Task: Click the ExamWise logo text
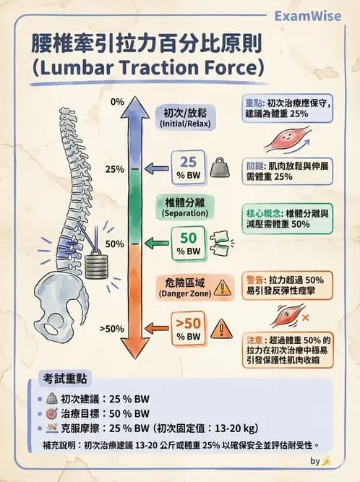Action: click(x=307, y=16)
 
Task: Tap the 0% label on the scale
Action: click(x=117, y=102)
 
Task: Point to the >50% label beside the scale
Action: click(x=111, y=329)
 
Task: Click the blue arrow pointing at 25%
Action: click(x=156, y=168)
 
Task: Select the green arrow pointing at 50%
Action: click(x=156, y=244)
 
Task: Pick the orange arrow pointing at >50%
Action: click(x=156, y=328)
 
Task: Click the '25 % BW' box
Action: click(x=188, y=168)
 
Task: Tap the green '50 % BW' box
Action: click(x=188, y=244)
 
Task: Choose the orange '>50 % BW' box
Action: click(x=188, y=329)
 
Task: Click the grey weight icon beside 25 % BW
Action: click(x=220, y=168)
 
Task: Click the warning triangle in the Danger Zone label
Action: click(x=222, y=288)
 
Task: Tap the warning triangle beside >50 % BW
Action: click(x=221, y=329)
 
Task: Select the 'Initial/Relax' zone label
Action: click(x=185, y=118)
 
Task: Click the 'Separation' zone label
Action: click(x=185, y=207)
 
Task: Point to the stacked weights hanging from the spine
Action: click(x=96, y=264)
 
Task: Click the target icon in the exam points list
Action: click(x=52, y=414)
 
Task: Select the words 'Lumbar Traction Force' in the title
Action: click(x=148, y=68)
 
